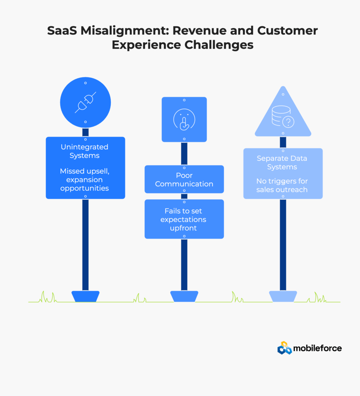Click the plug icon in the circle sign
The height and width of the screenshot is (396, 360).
[86, 102]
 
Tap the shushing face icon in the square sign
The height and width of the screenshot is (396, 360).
[184, 119]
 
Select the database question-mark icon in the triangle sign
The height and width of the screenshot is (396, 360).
[283, 116]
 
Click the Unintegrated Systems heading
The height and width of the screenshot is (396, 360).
[84, 151]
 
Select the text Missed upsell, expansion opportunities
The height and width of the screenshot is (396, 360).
[84, 180]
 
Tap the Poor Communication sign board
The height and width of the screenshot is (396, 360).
[184, 179]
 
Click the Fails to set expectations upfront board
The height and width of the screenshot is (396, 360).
[184, 219]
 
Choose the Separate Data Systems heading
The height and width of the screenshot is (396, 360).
[283, 163]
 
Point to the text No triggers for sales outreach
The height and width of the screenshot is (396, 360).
[283, 185]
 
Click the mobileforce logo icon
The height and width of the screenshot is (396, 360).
[285, 348]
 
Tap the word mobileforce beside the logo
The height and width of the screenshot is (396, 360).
[317, 348]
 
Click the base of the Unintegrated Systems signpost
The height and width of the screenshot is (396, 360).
[86, 296]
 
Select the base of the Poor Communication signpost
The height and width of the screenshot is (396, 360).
[184, 296]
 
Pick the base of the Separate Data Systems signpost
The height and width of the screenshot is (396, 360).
[283, 296]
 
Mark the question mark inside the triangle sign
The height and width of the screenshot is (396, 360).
[288, 122]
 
